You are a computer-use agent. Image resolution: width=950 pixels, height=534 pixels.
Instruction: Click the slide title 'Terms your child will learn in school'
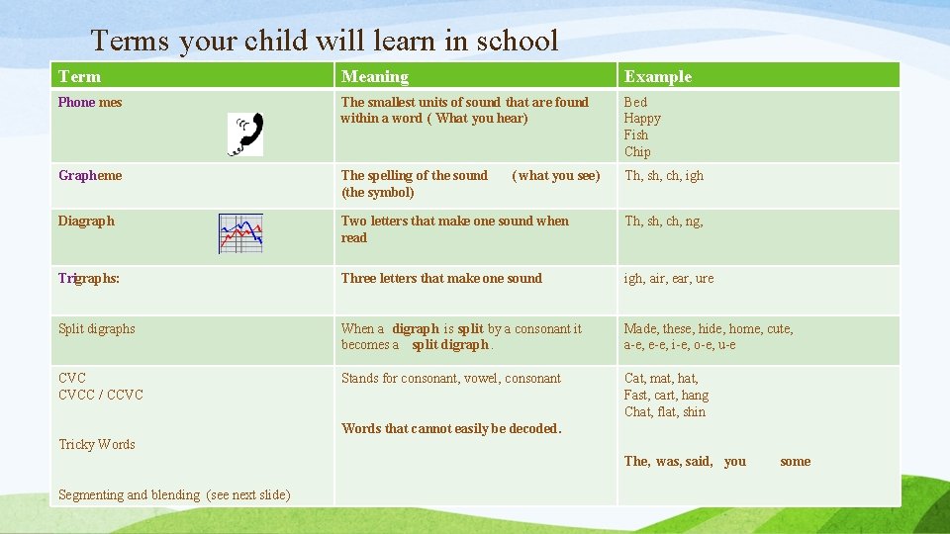(325, 41)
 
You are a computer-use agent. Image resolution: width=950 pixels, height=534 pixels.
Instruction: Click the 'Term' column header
(79, 76)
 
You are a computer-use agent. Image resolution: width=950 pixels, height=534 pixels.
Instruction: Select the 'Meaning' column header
(374, 76)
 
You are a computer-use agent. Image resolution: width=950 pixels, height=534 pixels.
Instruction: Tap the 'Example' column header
(657, 76)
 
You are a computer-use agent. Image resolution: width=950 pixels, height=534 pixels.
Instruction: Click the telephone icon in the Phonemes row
(245, 134)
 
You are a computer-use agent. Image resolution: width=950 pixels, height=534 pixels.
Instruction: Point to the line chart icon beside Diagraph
(240, 233)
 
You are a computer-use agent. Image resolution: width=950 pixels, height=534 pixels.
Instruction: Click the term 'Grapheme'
(90, 175)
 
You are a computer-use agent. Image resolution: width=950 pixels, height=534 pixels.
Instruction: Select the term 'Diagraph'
(86, 221)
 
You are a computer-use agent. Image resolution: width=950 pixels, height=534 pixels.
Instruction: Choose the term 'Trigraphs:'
(89, 278)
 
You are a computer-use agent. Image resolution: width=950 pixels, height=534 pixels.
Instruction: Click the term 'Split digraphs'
(97, 328)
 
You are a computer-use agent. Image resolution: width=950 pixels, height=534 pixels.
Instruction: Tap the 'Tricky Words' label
(97, 444)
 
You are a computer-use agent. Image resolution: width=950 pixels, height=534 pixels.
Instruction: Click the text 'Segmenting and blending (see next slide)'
(174, 494)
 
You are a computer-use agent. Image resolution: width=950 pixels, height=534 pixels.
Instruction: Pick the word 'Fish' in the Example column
(635, 134)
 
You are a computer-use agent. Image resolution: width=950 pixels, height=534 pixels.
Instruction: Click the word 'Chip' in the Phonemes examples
(637, 151)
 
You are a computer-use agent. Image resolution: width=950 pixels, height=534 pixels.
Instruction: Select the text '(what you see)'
(555, 175)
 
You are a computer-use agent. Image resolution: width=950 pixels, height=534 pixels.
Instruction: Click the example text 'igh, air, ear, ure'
(668, 278)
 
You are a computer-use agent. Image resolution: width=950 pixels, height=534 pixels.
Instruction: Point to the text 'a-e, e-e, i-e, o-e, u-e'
(679, 344)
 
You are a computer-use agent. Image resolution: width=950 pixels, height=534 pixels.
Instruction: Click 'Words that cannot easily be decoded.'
(451, 428)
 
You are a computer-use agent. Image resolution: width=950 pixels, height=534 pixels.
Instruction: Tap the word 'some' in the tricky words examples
(795, 461)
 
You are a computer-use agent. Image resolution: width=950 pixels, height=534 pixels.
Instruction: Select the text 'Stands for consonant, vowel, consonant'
(450, 378)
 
